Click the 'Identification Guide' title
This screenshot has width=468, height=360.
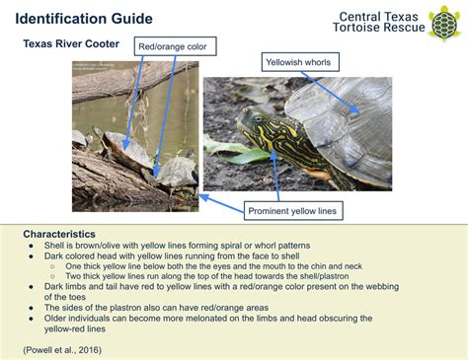(89, 19)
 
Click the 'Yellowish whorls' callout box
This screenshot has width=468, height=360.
(302, 62)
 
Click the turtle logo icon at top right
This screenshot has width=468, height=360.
(443, 22)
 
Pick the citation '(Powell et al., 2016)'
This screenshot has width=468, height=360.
(62, 349)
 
